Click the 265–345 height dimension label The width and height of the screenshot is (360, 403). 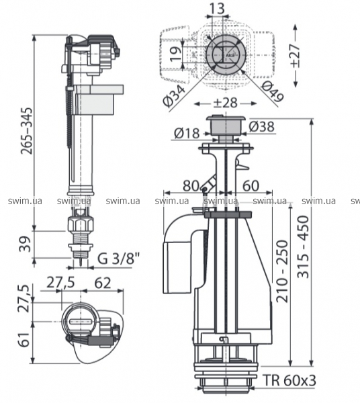point(27,131)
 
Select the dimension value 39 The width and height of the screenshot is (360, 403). point(26,244)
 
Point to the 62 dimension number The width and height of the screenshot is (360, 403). point(103,283)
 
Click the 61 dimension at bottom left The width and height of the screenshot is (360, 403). point(25,339)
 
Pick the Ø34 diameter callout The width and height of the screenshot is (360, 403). point(174,95)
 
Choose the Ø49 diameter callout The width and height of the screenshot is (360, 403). point(273,91)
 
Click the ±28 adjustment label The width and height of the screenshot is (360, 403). point(225,103)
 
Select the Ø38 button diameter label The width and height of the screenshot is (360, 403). point(261,126)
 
